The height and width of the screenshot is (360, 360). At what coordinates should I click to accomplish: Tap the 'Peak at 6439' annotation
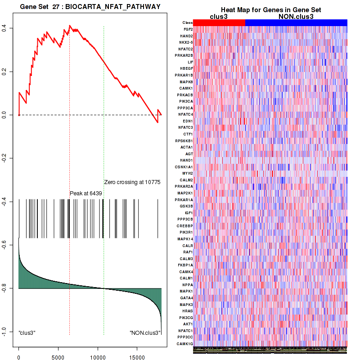[85, 193]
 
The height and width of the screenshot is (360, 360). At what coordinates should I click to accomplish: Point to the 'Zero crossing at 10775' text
[132, 182]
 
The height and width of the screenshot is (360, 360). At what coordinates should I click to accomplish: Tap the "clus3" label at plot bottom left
[27, 333]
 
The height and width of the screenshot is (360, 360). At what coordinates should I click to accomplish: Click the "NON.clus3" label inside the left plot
[145, 333]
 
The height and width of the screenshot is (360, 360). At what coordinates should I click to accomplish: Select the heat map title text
[270, 10]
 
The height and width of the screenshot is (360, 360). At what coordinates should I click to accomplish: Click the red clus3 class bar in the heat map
[220, 22]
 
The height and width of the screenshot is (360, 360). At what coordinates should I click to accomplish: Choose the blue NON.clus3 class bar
[296, 22]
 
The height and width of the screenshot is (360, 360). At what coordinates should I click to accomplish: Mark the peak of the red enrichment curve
[70, 26]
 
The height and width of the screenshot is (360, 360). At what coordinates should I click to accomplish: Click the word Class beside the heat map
[188, 22]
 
